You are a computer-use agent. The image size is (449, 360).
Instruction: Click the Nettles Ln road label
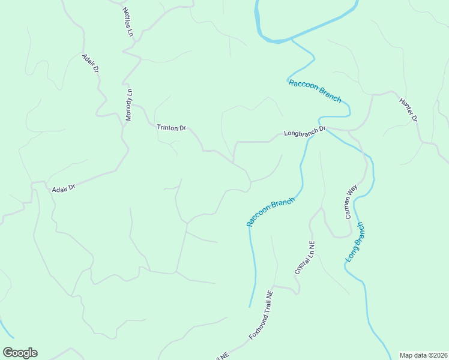pos(127,22)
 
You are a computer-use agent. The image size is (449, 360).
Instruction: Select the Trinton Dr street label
pos(172,128)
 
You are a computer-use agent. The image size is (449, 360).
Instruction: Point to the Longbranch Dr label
pos(304,131)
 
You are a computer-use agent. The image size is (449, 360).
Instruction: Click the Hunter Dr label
pos(408,110)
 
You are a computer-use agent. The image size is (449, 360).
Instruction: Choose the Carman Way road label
pos(351,201)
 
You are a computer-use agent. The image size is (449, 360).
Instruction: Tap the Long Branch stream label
pos(355,242)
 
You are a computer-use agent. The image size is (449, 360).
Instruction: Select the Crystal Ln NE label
pos(304,257)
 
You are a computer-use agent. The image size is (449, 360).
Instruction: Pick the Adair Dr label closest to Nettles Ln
pos(91,63)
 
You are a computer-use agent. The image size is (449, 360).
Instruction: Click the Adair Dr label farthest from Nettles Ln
pos(63,188)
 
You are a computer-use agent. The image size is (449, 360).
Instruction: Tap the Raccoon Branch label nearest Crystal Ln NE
pos(271,212)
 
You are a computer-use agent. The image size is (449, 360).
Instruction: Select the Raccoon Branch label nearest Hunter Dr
pos(315,91)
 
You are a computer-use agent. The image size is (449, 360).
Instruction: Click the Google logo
pos(20,353)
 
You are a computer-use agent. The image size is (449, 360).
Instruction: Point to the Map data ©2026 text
pos(423,355)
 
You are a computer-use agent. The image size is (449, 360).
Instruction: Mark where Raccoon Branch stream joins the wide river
pos(291,41)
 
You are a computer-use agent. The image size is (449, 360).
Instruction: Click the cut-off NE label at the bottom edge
pos(221,356)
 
